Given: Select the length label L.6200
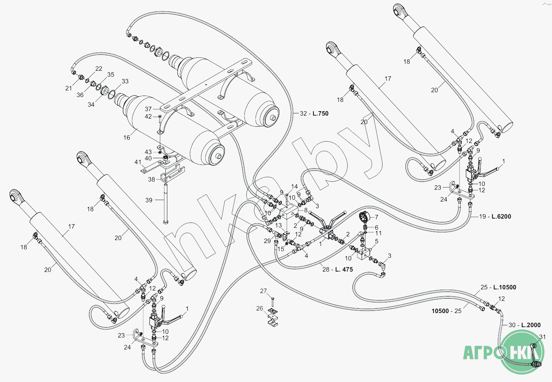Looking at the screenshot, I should coord(501,216).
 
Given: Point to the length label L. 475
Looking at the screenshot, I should coord(344,269).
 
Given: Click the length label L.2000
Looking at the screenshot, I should coord(531,325).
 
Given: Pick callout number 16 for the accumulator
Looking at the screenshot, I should coord(127,137).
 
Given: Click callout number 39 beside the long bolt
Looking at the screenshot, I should coord(149,200).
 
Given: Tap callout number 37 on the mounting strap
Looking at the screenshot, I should coord(148,109).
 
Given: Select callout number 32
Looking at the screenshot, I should coord(303,113).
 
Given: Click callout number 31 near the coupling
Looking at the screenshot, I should coord(542,337).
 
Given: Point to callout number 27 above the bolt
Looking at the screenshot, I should coord(263,291).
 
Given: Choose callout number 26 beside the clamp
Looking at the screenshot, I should coord(260,308).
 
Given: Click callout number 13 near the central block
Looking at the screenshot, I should coord(279,225).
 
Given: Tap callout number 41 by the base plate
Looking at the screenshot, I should coord(138,162).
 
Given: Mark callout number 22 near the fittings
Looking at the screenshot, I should coord(99,69).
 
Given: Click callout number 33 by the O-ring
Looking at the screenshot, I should coord(125,81).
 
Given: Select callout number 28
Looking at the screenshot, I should coord(326,269).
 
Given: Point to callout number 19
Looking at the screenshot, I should coord(482,216).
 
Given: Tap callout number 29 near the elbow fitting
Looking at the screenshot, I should coord(267,241).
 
